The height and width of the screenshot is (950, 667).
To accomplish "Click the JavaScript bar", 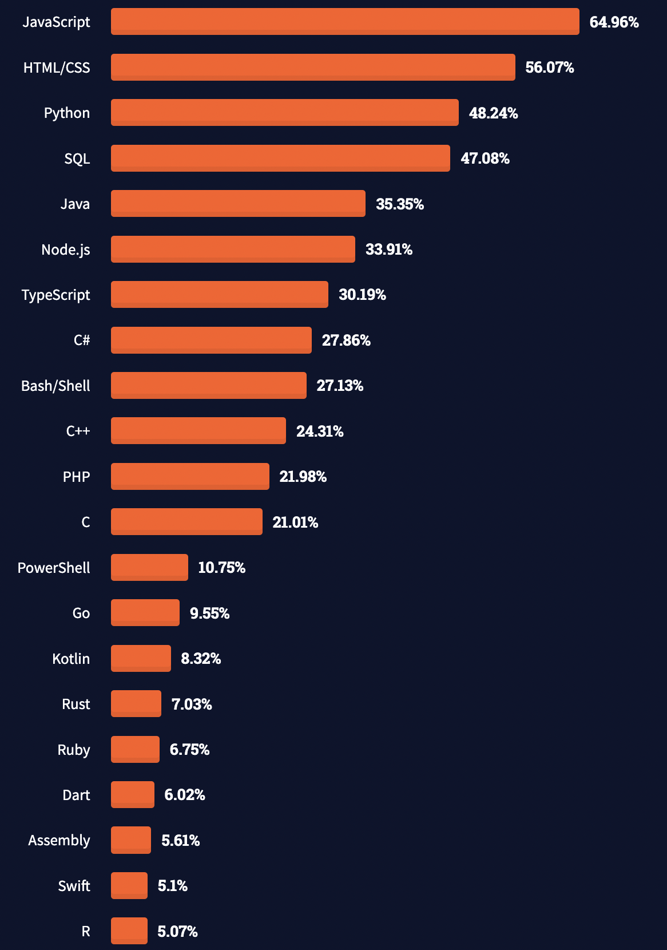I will click(345, 22).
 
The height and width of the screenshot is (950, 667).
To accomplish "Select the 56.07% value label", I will click(549, 68).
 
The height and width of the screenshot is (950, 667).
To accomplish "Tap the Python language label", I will click(67, 113).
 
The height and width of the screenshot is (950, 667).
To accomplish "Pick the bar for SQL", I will click(280, 158).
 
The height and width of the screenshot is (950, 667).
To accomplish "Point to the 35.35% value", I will click(399, 204).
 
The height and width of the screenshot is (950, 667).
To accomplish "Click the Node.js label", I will click(66, 250).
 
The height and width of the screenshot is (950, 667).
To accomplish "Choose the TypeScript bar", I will click(220, 295).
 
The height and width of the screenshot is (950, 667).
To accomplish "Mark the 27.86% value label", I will click(346, 341).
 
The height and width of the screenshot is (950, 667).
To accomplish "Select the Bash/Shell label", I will click(55, 386).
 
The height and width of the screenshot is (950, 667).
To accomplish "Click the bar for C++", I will click(198, 431).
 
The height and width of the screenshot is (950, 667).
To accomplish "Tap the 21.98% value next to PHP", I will click(303, 477).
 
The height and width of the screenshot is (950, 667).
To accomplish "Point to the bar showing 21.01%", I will click(186, 522).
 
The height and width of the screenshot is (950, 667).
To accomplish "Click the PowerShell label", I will click(54, 568).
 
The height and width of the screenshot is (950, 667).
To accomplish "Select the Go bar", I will click(145, 613).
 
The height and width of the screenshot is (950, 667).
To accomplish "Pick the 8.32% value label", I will click(201, 659).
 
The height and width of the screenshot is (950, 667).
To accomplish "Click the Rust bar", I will click(136, 704).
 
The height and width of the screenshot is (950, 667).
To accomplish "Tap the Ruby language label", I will click(74, 750).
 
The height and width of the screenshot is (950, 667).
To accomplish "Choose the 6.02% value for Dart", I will click(184, 795).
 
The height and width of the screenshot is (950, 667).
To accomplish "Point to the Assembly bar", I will click(131, 840).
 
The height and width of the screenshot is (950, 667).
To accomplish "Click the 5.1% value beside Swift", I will click(172, 886).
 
